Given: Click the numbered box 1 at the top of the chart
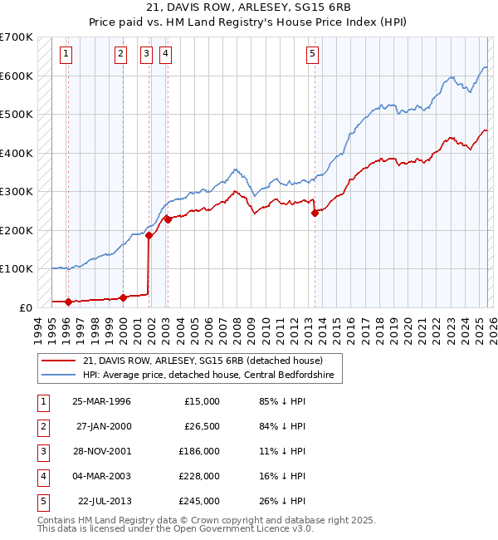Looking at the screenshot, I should point(66,55).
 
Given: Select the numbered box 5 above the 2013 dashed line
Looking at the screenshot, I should point(312,55).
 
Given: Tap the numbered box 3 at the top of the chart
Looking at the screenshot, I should point(146,55).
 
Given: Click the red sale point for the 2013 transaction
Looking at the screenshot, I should point(315,213).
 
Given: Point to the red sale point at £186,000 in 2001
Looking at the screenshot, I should point(149,236).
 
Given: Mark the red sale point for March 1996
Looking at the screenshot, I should point(68,302).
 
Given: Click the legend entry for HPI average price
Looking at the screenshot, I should point(207,375).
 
